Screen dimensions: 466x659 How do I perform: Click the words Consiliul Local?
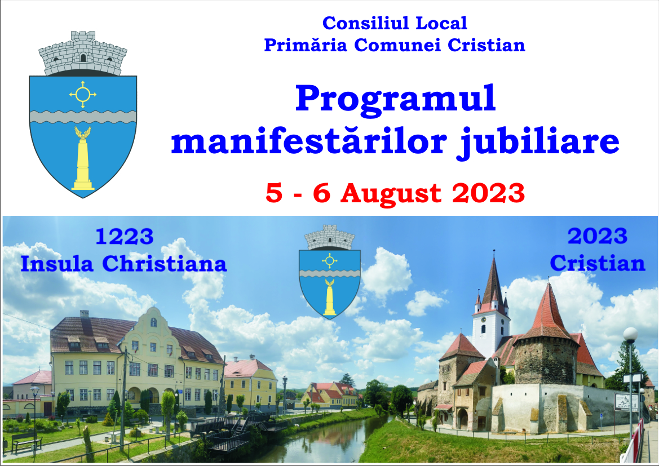[395, 23]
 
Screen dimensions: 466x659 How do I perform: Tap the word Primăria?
[307, 45]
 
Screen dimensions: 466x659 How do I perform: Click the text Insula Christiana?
[123, 263]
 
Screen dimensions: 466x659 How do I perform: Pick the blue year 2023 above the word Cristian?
[598, 237]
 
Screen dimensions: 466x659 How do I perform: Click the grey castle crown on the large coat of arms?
[83, 54]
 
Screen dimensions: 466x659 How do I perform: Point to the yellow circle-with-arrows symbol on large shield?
[83, 94]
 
